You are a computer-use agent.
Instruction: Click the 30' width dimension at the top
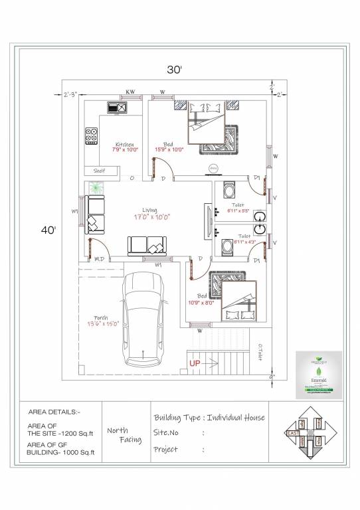[x=175, y=68]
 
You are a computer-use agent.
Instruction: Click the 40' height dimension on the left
[x=48, y=230]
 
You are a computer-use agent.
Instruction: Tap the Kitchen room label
[x=125, y=144]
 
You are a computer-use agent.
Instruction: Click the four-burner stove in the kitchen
[x=90, y=136]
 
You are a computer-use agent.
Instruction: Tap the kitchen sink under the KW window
[x=118, y=106]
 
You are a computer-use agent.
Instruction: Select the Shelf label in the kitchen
[x=100, y=171]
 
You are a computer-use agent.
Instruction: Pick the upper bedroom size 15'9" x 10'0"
[x=169, y=149]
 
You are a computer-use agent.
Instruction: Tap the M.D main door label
[x=98, y=258]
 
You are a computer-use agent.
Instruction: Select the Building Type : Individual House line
[x=209, y=417]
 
